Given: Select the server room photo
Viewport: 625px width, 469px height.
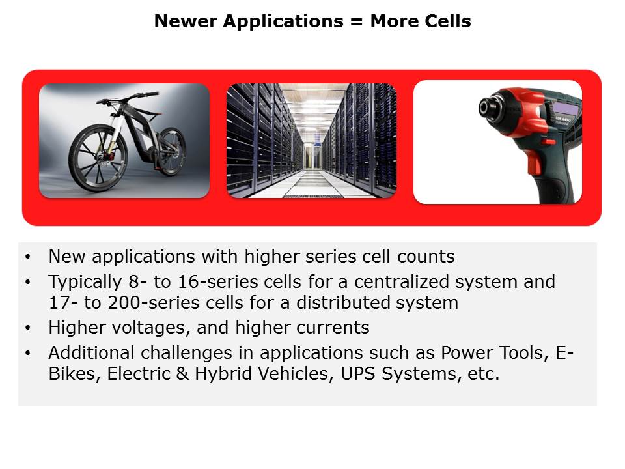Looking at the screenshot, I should [x=311, y=140].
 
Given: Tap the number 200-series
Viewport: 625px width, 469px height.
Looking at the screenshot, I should [x=119, y=303].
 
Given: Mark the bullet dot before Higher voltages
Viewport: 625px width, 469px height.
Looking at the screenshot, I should [x=27, y=328].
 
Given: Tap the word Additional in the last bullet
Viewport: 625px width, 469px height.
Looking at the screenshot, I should [x=89, y=353].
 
